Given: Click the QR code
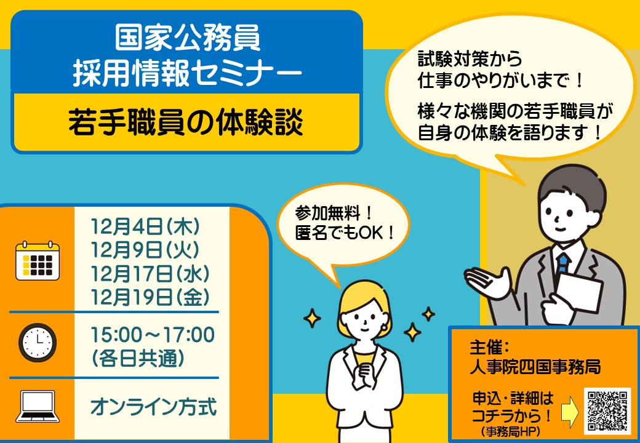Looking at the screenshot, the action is tap(607, 411).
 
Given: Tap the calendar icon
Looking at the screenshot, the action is tap(38, 261).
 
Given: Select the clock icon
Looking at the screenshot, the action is tap(38, 343).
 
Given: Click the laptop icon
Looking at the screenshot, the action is tap(38, 406).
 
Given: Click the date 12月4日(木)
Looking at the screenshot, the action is tap(145, 227).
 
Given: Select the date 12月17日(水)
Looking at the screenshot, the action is tap(150, 274).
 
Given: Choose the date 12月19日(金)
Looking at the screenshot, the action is tap(150, 297).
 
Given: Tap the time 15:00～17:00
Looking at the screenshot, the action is tap(153, 335).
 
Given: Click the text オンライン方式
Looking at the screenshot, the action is tap(153, 407).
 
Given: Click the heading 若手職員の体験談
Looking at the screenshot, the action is tap(186, 122).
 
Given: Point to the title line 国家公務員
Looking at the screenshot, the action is tap(187, 38).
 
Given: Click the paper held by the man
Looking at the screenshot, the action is tap(580, 293).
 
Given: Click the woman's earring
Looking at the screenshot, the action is tap(384, 327).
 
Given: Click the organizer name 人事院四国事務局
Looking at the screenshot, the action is tap(535, 367).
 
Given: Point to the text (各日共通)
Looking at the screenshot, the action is tap(138, 359).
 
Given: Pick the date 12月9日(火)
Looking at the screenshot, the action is tap(145, 250).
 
